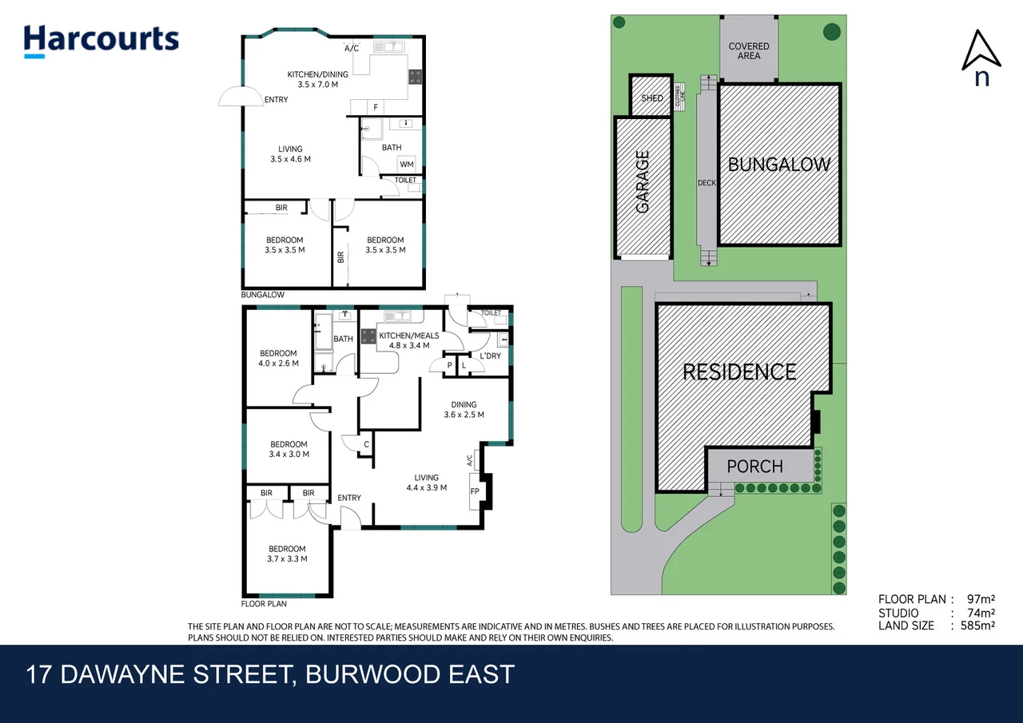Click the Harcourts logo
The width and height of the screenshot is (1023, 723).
click(101, 41)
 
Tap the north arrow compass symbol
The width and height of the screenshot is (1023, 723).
click(981, 58)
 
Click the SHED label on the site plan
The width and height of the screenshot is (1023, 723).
click(652, 97)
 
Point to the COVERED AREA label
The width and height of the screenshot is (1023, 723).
click(749, 51)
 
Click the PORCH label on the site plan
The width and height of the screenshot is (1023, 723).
click(755, 466)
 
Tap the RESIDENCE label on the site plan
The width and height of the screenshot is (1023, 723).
click(739, 371)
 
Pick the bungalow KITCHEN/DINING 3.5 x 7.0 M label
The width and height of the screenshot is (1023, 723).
click(312, 79)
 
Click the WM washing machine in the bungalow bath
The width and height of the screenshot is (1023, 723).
click(407, 165)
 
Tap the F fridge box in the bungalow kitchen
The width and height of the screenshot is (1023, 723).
click(375, 107)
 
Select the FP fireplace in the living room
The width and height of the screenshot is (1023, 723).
click(475, 491)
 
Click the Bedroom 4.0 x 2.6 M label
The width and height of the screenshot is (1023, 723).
click(278, 358)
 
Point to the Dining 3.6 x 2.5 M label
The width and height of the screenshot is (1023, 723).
click(464, 409)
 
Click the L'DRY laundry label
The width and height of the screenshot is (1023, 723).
click(490, 356)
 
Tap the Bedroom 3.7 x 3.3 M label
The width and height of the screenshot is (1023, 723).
click(286, 554)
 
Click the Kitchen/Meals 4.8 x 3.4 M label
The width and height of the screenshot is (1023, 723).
click(408, 340)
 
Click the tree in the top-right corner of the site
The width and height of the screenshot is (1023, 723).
click(832, 32)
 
